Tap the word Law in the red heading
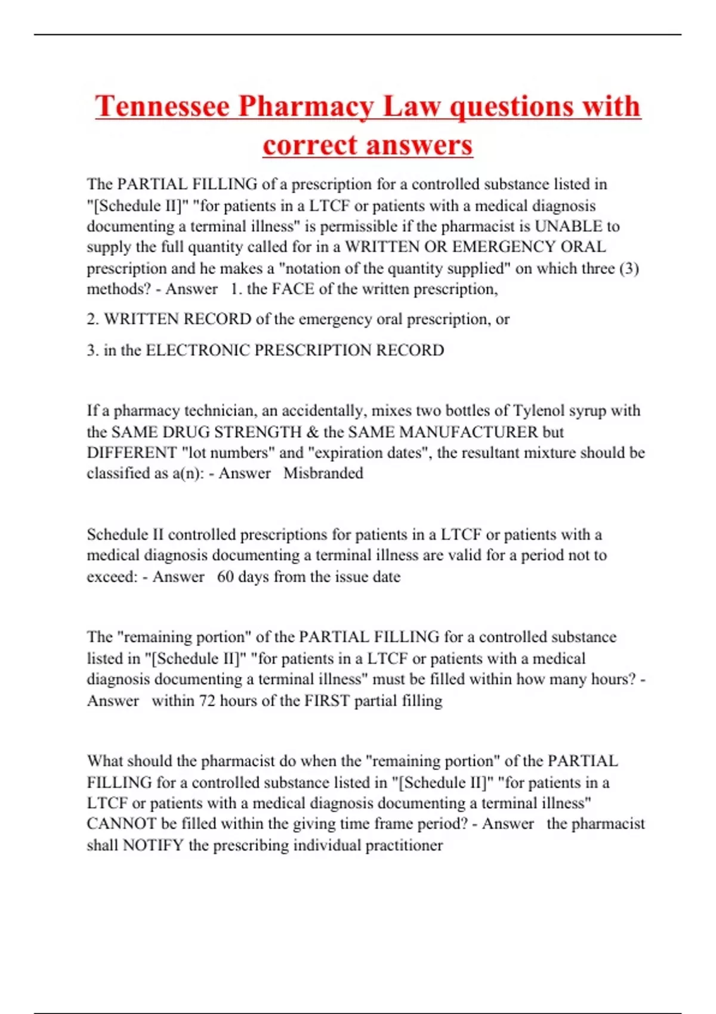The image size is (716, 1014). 411,107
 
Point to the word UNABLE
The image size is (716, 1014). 569,227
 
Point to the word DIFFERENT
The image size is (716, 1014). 132,453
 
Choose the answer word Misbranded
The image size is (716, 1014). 323,474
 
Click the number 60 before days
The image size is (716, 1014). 225,577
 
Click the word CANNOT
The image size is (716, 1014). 122,824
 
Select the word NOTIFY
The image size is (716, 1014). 153,846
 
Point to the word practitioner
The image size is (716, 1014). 403,846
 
